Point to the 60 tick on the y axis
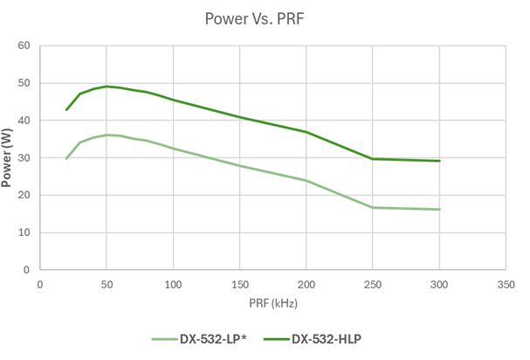click(x=24, y=46)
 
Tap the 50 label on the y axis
click(x=24, y=84)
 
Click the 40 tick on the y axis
click(x=24, y=121)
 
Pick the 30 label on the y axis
click(x=24, y=158)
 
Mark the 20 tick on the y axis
click(x=24, y=196)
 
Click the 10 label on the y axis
click(x=24, y=233)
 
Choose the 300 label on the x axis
click(x=439, y=285)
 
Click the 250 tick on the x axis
click(x=373, y=285)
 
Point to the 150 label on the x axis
click(x=240, y=285)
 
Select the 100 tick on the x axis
click(x=173, y=285)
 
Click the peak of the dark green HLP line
click(x=107, y=87)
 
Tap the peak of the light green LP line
click(x=107, y=135)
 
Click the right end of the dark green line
click(x=439, y=161)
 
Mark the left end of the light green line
click(x=66, y=159)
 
